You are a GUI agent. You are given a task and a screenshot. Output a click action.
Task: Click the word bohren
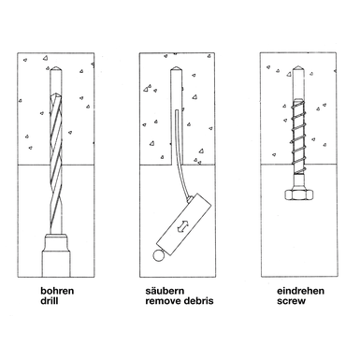point(57,291)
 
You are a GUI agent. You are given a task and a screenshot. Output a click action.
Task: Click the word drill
point(50,301)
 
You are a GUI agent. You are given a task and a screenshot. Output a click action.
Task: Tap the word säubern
point(165,291)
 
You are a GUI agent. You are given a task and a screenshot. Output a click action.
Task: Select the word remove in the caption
point(162,301)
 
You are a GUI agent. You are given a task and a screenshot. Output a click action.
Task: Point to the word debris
point(197,301)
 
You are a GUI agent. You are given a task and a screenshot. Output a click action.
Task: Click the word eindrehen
point(300,291)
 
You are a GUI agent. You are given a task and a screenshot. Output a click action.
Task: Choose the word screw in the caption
point(291,301)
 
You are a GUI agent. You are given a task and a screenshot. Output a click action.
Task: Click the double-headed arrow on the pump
point(182,226)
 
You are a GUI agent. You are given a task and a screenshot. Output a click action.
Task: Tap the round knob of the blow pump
point(159,255)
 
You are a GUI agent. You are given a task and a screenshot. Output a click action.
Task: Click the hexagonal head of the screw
point(298,194)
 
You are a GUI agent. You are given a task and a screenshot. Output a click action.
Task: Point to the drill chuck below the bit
point(56,255)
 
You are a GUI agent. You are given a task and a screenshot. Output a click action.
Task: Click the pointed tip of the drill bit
point(56,94)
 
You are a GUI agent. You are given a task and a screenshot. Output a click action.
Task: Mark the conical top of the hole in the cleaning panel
point(176,68)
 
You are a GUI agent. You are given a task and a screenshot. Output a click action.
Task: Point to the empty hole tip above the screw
point(298,68)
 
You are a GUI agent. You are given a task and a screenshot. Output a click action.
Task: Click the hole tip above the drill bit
point(56,68)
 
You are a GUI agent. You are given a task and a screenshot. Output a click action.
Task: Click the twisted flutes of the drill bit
point(56,162)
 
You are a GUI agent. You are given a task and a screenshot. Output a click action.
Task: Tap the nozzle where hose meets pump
point(189,197)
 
